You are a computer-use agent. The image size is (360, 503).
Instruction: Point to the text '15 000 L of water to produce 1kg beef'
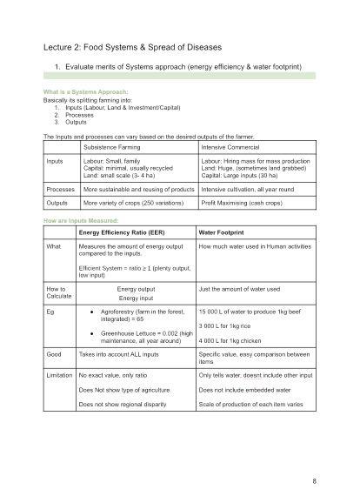click(253, 311)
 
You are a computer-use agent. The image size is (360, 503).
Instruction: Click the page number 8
click(313, 480)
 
